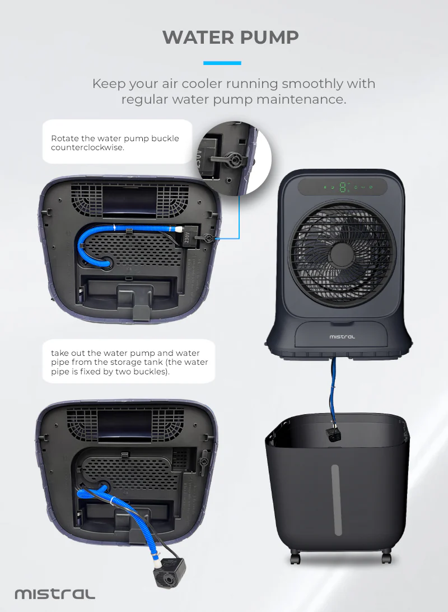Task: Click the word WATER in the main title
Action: (198, 38)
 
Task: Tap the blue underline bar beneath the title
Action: (222, 63)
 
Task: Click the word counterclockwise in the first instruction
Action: (87, 147)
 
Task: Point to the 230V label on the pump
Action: (187, 238)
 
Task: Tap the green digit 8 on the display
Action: (343, 187)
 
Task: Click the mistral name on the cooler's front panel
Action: (342, 336)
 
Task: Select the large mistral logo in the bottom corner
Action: (55, 594)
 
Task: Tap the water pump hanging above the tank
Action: (333, 434)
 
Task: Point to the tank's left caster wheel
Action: (296, 557)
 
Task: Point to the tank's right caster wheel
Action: (386, 557)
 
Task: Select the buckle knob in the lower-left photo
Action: (203, 461)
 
